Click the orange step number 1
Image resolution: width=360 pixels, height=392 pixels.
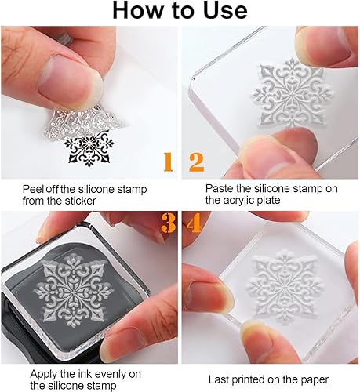169,162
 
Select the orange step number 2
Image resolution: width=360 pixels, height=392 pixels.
196,162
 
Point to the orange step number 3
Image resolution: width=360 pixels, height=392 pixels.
168,223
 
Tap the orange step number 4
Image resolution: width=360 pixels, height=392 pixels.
194,223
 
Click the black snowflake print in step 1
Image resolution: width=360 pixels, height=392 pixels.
89,149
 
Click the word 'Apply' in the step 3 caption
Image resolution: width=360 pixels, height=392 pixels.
43,375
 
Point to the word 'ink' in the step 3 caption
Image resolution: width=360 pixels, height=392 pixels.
85,374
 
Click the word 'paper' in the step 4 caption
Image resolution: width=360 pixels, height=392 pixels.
315,380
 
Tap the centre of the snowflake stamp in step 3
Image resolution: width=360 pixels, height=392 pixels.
74,291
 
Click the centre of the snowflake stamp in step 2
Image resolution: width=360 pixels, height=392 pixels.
292,93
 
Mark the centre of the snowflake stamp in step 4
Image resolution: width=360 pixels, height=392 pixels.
284,287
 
